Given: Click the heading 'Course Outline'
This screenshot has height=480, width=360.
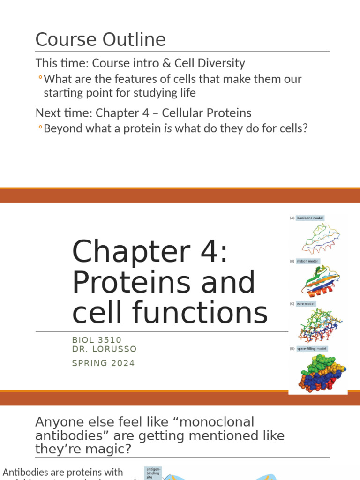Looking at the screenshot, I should pos(100,40).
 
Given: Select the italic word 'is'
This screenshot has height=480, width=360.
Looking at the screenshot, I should pos(167,127).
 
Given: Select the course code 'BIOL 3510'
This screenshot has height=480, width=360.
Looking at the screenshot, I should pos(97,340).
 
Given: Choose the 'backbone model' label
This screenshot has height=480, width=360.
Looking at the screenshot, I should pos(310,218).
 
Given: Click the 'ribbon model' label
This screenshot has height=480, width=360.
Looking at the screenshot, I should pos(307,261).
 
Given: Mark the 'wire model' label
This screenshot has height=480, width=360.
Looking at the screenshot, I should pos(306,304).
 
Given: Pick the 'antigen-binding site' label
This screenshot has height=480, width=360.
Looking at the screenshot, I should pos(153,472).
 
